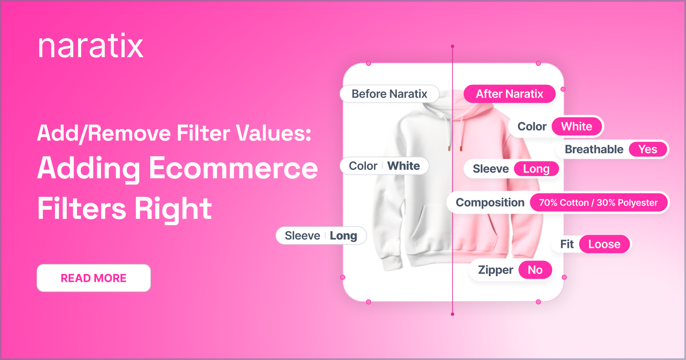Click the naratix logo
[91, 46]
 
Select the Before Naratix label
[389, 94]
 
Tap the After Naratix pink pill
[510, 94]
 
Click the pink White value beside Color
[577, 126]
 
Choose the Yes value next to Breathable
[648, 149]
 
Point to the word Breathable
[594, 149]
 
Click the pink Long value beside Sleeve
[536, 169]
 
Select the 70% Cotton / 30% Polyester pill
[598, 203]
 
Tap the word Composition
[490, 203]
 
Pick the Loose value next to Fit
[604, 244]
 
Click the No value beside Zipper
[535, 270]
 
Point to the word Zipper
[495, 270]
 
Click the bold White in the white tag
[404, 166]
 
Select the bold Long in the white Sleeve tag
[343, 236]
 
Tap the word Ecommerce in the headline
[233, 168]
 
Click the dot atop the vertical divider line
[452, 46]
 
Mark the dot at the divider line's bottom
[452, 314]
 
